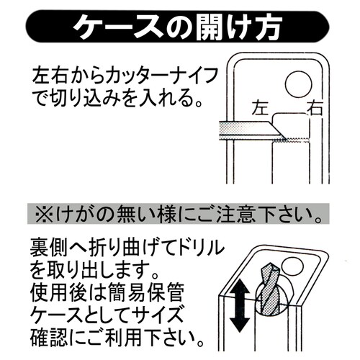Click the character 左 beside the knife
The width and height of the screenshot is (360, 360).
[261, 109]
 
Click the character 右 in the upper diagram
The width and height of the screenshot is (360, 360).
[315, 109]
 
